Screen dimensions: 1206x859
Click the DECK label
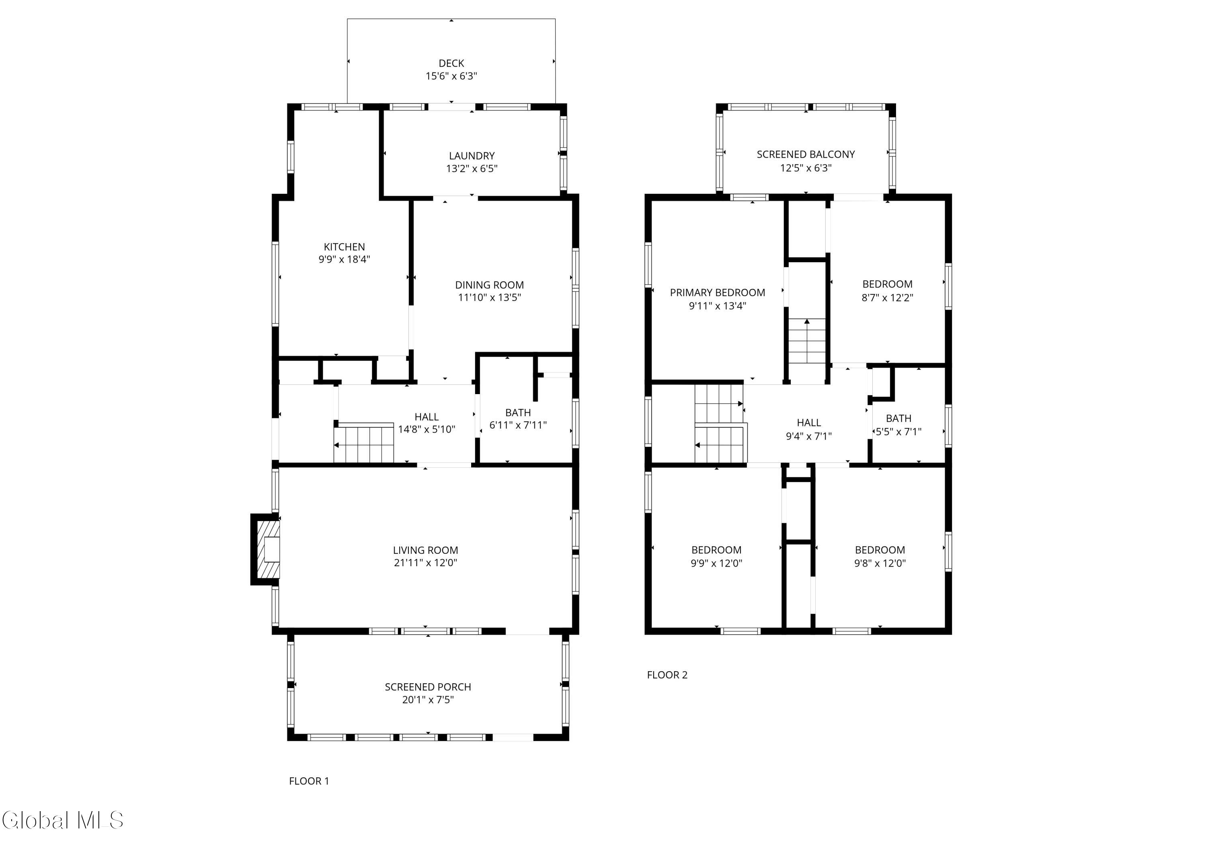click(451, 63)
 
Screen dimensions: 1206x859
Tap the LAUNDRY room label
click(472, 156)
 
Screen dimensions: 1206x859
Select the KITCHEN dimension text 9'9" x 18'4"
click(344, 259)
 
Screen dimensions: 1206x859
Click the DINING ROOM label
click(490, 285)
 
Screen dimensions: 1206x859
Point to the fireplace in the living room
click(265, 550)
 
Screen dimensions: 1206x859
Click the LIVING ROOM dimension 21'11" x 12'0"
click(426, 563)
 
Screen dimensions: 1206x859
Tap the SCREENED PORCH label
click(428, 687)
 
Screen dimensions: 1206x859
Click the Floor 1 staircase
click(364, 443)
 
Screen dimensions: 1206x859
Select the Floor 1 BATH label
click(518, 413)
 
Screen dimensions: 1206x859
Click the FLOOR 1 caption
click(309, 781)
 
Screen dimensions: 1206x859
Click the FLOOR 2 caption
click(667, 675)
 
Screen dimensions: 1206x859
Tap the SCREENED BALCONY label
click(806, 154)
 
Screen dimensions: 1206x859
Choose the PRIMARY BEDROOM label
click(718, 292)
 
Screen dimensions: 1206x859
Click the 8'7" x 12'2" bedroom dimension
click(887, 297)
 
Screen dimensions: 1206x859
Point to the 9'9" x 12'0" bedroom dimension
click(716, 563)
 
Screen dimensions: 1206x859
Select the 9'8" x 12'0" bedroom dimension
click(880, 563)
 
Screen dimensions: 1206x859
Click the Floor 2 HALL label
click(809, 423)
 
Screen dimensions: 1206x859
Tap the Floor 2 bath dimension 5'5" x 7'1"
click(899, 432)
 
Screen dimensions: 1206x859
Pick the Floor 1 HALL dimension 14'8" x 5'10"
click(427, 429)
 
